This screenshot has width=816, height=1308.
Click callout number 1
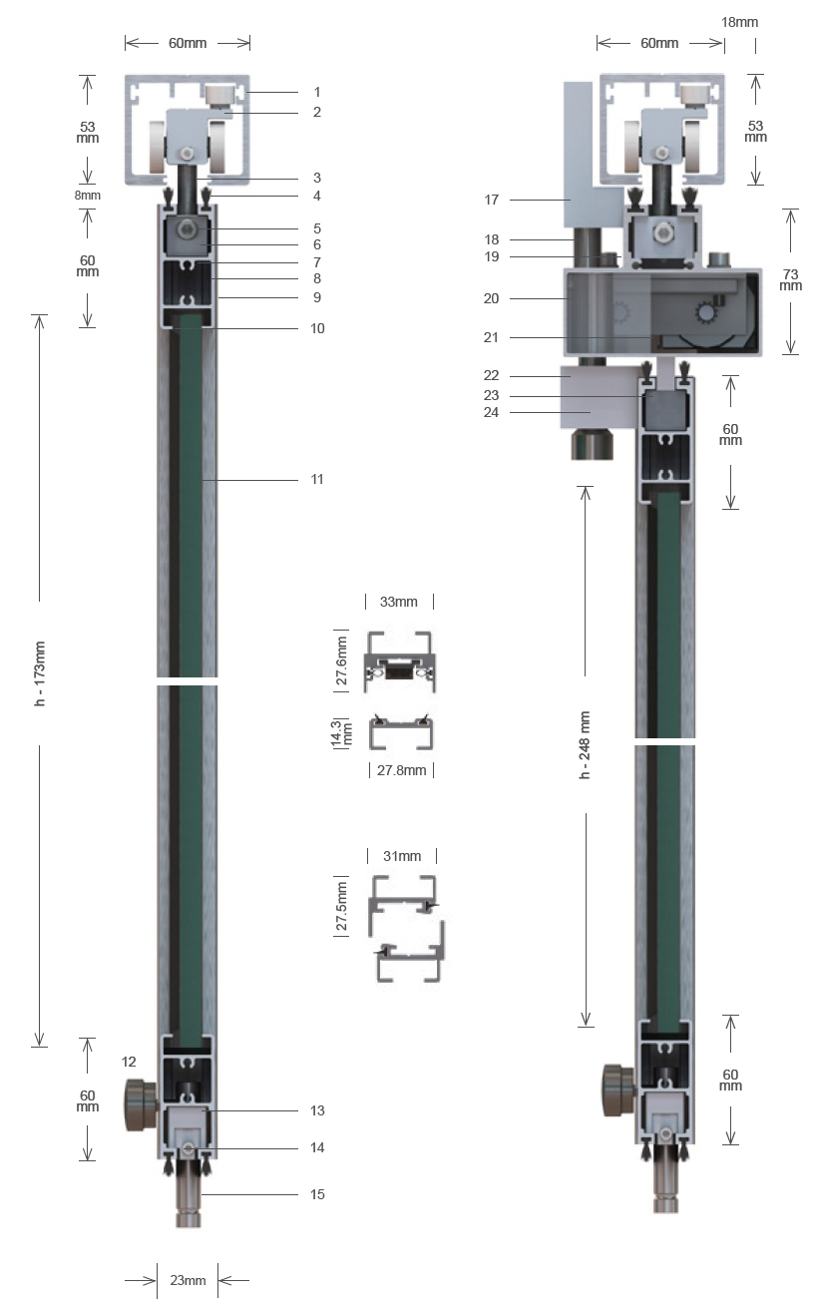click(317, 92)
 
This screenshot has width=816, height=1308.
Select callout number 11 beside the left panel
click(317, 480)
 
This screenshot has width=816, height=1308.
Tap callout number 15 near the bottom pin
click(317, 1194)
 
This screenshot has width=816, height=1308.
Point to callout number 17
click(492, 200)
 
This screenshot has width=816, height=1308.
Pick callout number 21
click(491, 337)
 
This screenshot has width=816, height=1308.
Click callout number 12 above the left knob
click(129, 1062)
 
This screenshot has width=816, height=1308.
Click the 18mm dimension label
click(739, 22)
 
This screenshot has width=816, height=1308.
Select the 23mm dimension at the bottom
click(188, 1280)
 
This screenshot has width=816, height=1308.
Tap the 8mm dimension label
click(88, 196)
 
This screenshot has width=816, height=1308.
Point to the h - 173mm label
click(40, 673)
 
